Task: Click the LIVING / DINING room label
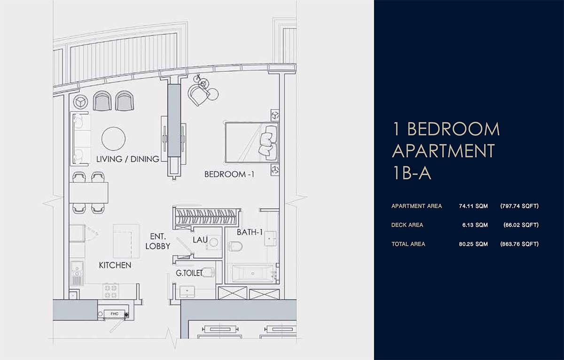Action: point(128,159)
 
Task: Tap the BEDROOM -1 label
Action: point(229,174)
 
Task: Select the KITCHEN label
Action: point(115,265)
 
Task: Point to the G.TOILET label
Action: point(189,273)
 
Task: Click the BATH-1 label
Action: point(250,232)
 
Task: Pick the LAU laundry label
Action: point(200,240)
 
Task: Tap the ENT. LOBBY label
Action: point(157,241)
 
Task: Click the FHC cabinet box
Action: point(115,314)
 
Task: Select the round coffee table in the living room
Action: point(114,139)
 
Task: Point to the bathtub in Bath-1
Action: point(253,274)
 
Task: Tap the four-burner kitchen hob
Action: point(111,291)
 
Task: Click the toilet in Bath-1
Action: point(235,246)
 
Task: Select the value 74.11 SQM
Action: point(473,206)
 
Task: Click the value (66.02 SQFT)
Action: point(521,225)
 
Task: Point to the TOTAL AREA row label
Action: point(408,244)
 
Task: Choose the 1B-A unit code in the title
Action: point(412,173)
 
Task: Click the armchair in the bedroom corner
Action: point(199,94)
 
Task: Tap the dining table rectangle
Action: point(89,193)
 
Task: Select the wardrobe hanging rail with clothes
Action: point(206,217)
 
